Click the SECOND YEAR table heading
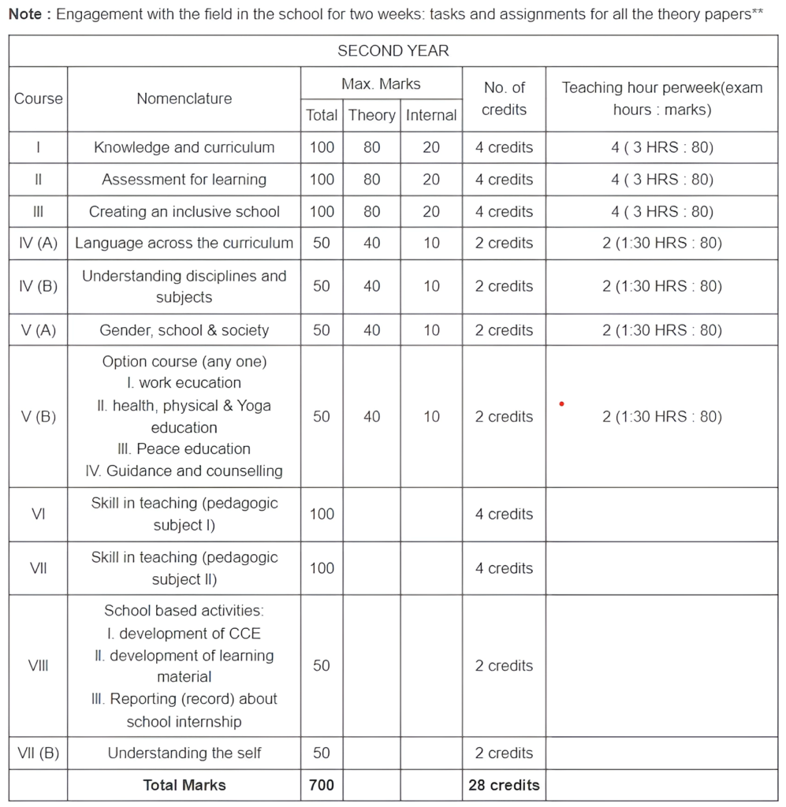pos(393,51)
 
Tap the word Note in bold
pos(25,15)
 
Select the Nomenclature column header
pos(184,99)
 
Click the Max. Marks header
pos(381,84)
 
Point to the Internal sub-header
pos(430,115)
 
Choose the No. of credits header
pos(504,99)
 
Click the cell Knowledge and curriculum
pos(184,147)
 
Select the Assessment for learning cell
pos(184,180)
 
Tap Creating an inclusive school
pos(184,211)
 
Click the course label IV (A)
pos(38,244)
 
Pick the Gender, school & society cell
pos(184,330)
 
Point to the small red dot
pos(561,404)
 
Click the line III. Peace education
pos(184,449)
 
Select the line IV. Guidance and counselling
pos(184,471)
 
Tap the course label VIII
pos(38,666)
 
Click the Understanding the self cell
pos(184,753)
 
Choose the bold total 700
pos(322,785)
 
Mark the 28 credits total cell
pos(504,785)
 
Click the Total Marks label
pos(184,785)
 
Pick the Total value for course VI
pos(322,514)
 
